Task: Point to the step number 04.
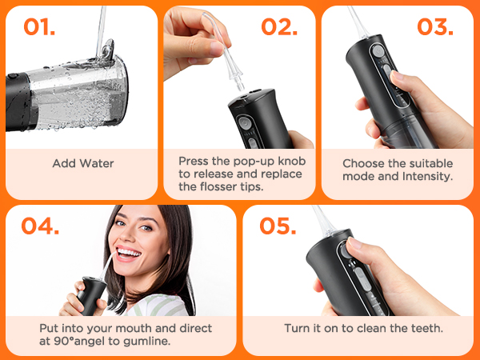click(x=41, y=226)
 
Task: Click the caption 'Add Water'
click(x=82, y=163)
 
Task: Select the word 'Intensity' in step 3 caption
click(x=425, y=176)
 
